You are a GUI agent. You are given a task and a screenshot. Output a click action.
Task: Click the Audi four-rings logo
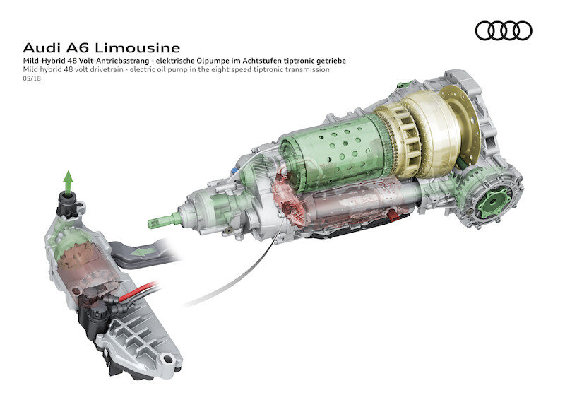pos(504,30)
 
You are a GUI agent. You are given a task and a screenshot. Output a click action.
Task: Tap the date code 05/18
pos(32,78)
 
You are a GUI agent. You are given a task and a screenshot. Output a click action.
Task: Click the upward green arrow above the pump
pos(68,180)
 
